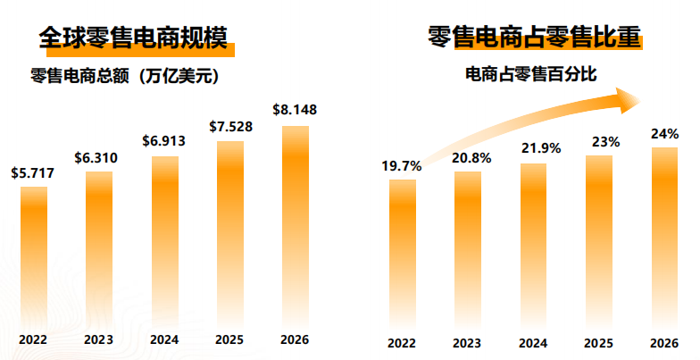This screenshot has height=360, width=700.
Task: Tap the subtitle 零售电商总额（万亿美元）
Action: (x=124, y=76)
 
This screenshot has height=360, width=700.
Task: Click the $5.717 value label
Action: (x=33, y=173)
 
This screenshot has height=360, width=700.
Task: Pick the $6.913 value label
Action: (x=164, y=141)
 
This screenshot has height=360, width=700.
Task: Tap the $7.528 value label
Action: (x=230, y=126)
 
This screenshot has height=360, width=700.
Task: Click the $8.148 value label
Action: (x=295, y=110)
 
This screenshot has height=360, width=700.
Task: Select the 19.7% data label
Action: (x=402, y=165)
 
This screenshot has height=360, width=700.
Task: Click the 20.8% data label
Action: (x=467, y=157)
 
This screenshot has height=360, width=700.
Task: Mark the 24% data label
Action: (x=664, y=133)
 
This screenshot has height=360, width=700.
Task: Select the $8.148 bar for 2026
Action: (x=296, y=223)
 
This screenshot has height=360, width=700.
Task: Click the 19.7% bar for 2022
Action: (x=403, y=250)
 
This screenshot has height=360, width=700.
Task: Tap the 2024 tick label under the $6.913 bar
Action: (x=164, y=339)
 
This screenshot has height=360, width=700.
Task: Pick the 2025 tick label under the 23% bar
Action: (x=598, y=343)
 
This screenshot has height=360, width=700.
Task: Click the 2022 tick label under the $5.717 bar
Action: (x=33, y=339)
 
